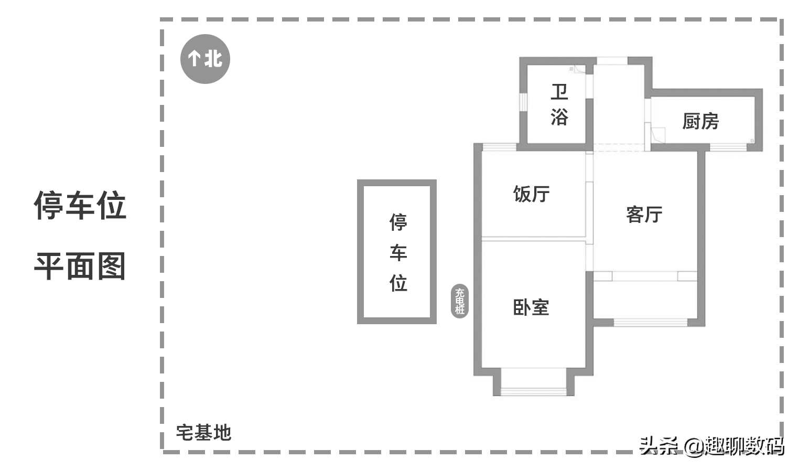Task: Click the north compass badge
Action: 205,59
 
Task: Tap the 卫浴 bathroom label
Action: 559,105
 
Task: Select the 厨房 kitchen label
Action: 700,121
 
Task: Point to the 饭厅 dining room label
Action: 531,194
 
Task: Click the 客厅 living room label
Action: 644,214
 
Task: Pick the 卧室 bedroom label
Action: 531,307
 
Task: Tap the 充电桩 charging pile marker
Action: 460,301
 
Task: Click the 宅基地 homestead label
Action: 203,433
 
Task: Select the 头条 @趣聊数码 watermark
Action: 711,446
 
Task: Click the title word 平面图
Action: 80,266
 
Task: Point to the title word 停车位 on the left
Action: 80,205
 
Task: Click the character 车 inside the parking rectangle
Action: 398,253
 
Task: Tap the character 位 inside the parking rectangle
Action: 398,283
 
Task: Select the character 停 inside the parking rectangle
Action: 398,222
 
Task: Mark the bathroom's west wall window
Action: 523,101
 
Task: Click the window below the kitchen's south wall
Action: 728,147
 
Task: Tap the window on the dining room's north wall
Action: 499,147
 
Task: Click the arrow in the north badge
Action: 194,58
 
